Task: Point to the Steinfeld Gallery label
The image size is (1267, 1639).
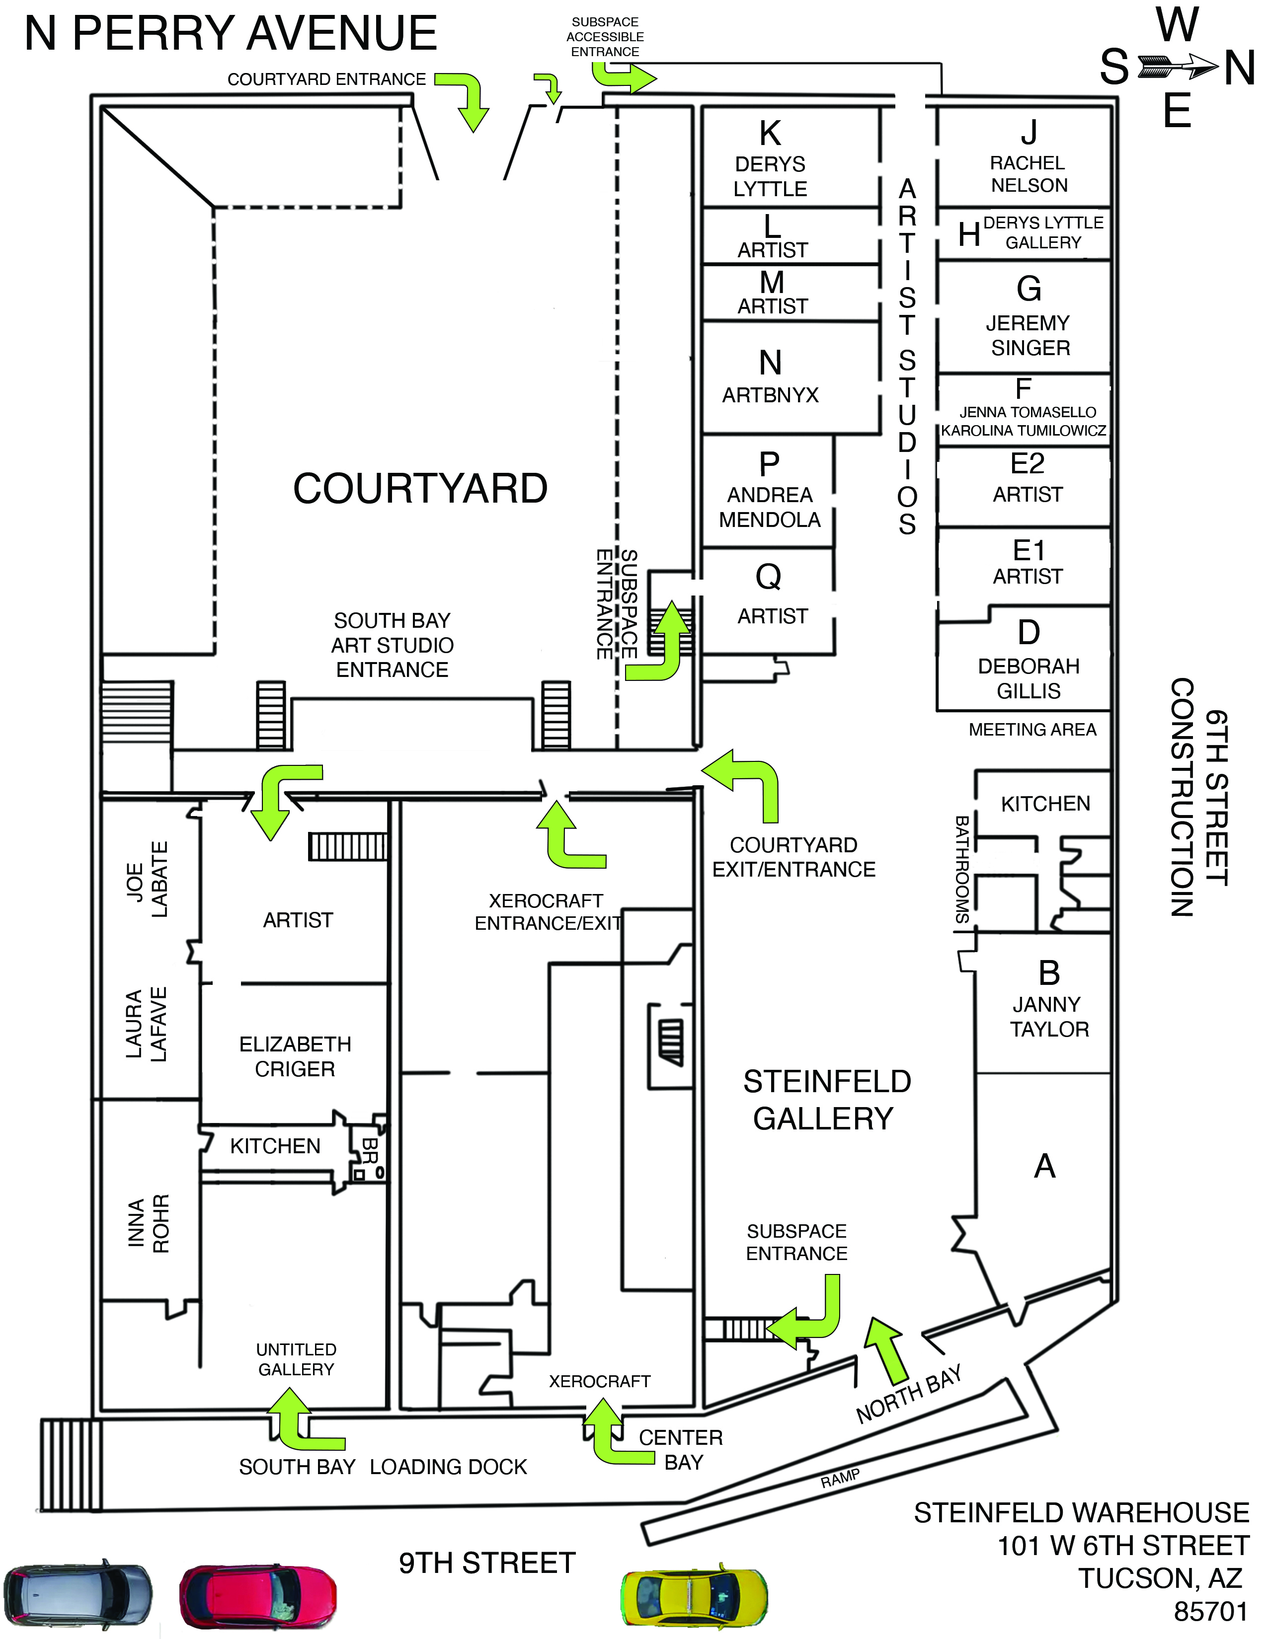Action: coord(826,1100)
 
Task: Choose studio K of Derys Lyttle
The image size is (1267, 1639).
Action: coord(771,157)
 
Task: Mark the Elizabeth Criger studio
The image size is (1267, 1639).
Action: coord(295,1056)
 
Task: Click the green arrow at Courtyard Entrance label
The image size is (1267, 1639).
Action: coord(466,97)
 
